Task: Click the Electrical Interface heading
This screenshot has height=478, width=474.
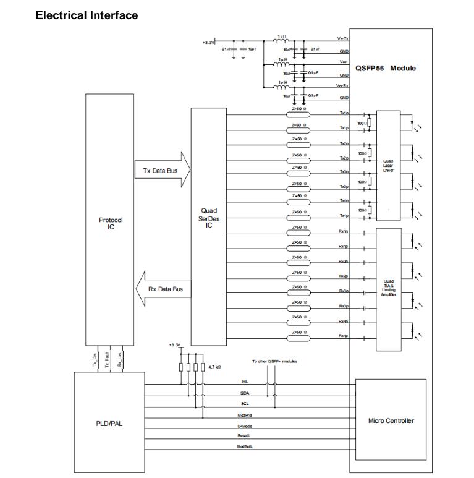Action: click(87, 15)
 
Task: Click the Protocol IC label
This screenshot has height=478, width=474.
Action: click(111, 223)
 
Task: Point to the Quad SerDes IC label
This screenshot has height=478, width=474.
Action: click(209, 218)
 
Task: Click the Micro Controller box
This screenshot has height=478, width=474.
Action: click(391, 420)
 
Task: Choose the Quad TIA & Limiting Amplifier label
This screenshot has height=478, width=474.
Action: click(388, 289)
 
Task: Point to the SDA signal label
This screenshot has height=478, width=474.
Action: click(245, 393)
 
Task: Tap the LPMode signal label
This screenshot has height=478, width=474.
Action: click(245, 426)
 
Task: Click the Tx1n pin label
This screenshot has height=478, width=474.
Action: click(344, 114)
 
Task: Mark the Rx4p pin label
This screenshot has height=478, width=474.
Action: click(344, 336)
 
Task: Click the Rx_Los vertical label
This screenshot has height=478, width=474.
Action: click(119, 360)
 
